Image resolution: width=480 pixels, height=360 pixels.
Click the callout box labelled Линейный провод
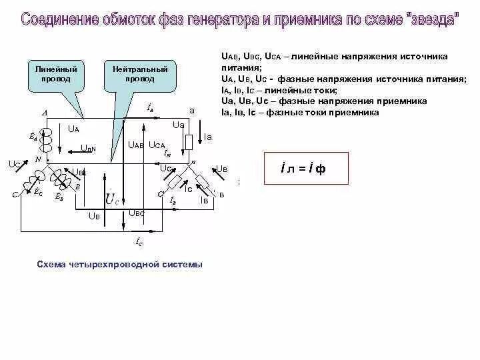pos(55,75)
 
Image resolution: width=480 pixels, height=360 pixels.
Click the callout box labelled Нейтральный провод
pos(140,75)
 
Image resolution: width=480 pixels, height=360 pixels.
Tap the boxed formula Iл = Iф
pos(304,169)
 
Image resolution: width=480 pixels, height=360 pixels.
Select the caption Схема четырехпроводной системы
pos(119,265)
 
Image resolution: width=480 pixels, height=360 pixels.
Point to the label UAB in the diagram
pos(137,144)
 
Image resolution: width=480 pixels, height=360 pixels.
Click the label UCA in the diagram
pos(157,144)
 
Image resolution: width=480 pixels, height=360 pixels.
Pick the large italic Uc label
pos(113,198)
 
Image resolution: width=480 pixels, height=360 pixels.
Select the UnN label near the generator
pos(89,148)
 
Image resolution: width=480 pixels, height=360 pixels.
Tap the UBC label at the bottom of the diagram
pos(137,213)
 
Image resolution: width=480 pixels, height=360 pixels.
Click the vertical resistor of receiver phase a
pos(189,141)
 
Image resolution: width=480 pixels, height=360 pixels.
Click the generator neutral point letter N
pos(38,159)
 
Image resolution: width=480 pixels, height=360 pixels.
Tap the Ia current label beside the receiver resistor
pos(208,137)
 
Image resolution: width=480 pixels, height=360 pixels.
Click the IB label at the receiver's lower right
pos(205,200)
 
